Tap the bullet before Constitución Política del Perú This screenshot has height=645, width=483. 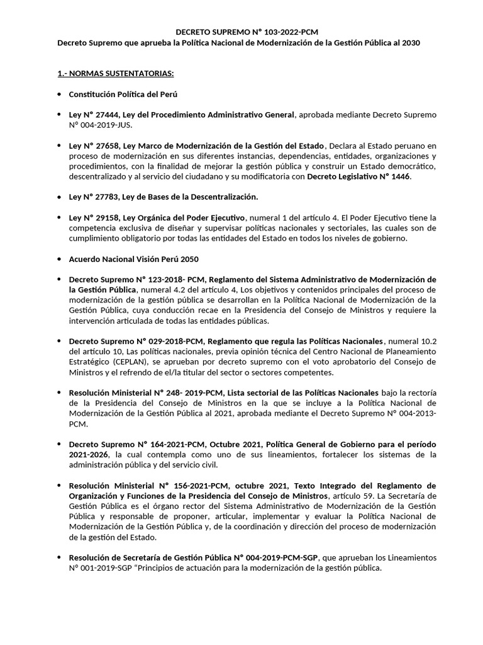point(60,94)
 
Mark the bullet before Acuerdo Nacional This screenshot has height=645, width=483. point(60,259)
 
